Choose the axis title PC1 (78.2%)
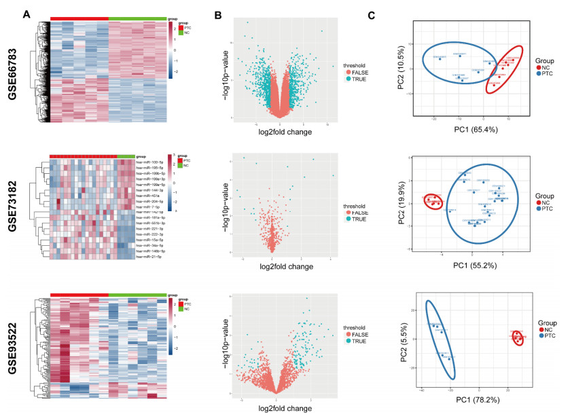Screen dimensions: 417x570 point(479,403)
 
